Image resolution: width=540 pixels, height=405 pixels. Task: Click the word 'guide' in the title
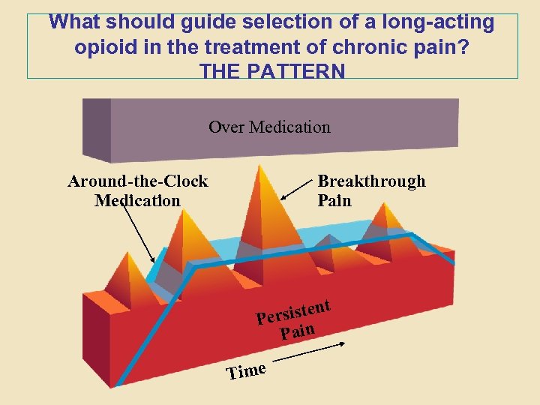point(224,22)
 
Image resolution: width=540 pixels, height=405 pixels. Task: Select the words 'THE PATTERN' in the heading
point(272,71)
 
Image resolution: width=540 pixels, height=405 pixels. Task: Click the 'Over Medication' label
point(269,127)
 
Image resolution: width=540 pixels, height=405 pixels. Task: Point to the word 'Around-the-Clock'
point(138,181)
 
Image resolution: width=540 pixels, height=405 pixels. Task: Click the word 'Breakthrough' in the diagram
point(371,181)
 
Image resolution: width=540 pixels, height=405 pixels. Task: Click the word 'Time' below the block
point(247,370)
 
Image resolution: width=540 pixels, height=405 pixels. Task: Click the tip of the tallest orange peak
point(261,166)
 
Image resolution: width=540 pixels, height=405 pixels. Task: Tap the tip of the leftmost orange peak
point(129,252)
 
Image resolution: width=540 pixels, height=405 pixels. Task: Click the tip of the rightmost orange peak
point(387,203)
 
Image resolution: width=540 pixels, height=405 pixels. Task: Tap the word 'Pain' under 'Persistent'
point(298,331)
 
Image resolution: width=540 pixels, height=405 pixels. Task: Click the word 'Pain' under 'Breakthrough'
point(334,201)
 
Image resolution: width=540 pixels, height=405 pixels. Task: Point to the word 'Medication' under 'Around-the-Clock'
point(138,201)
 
